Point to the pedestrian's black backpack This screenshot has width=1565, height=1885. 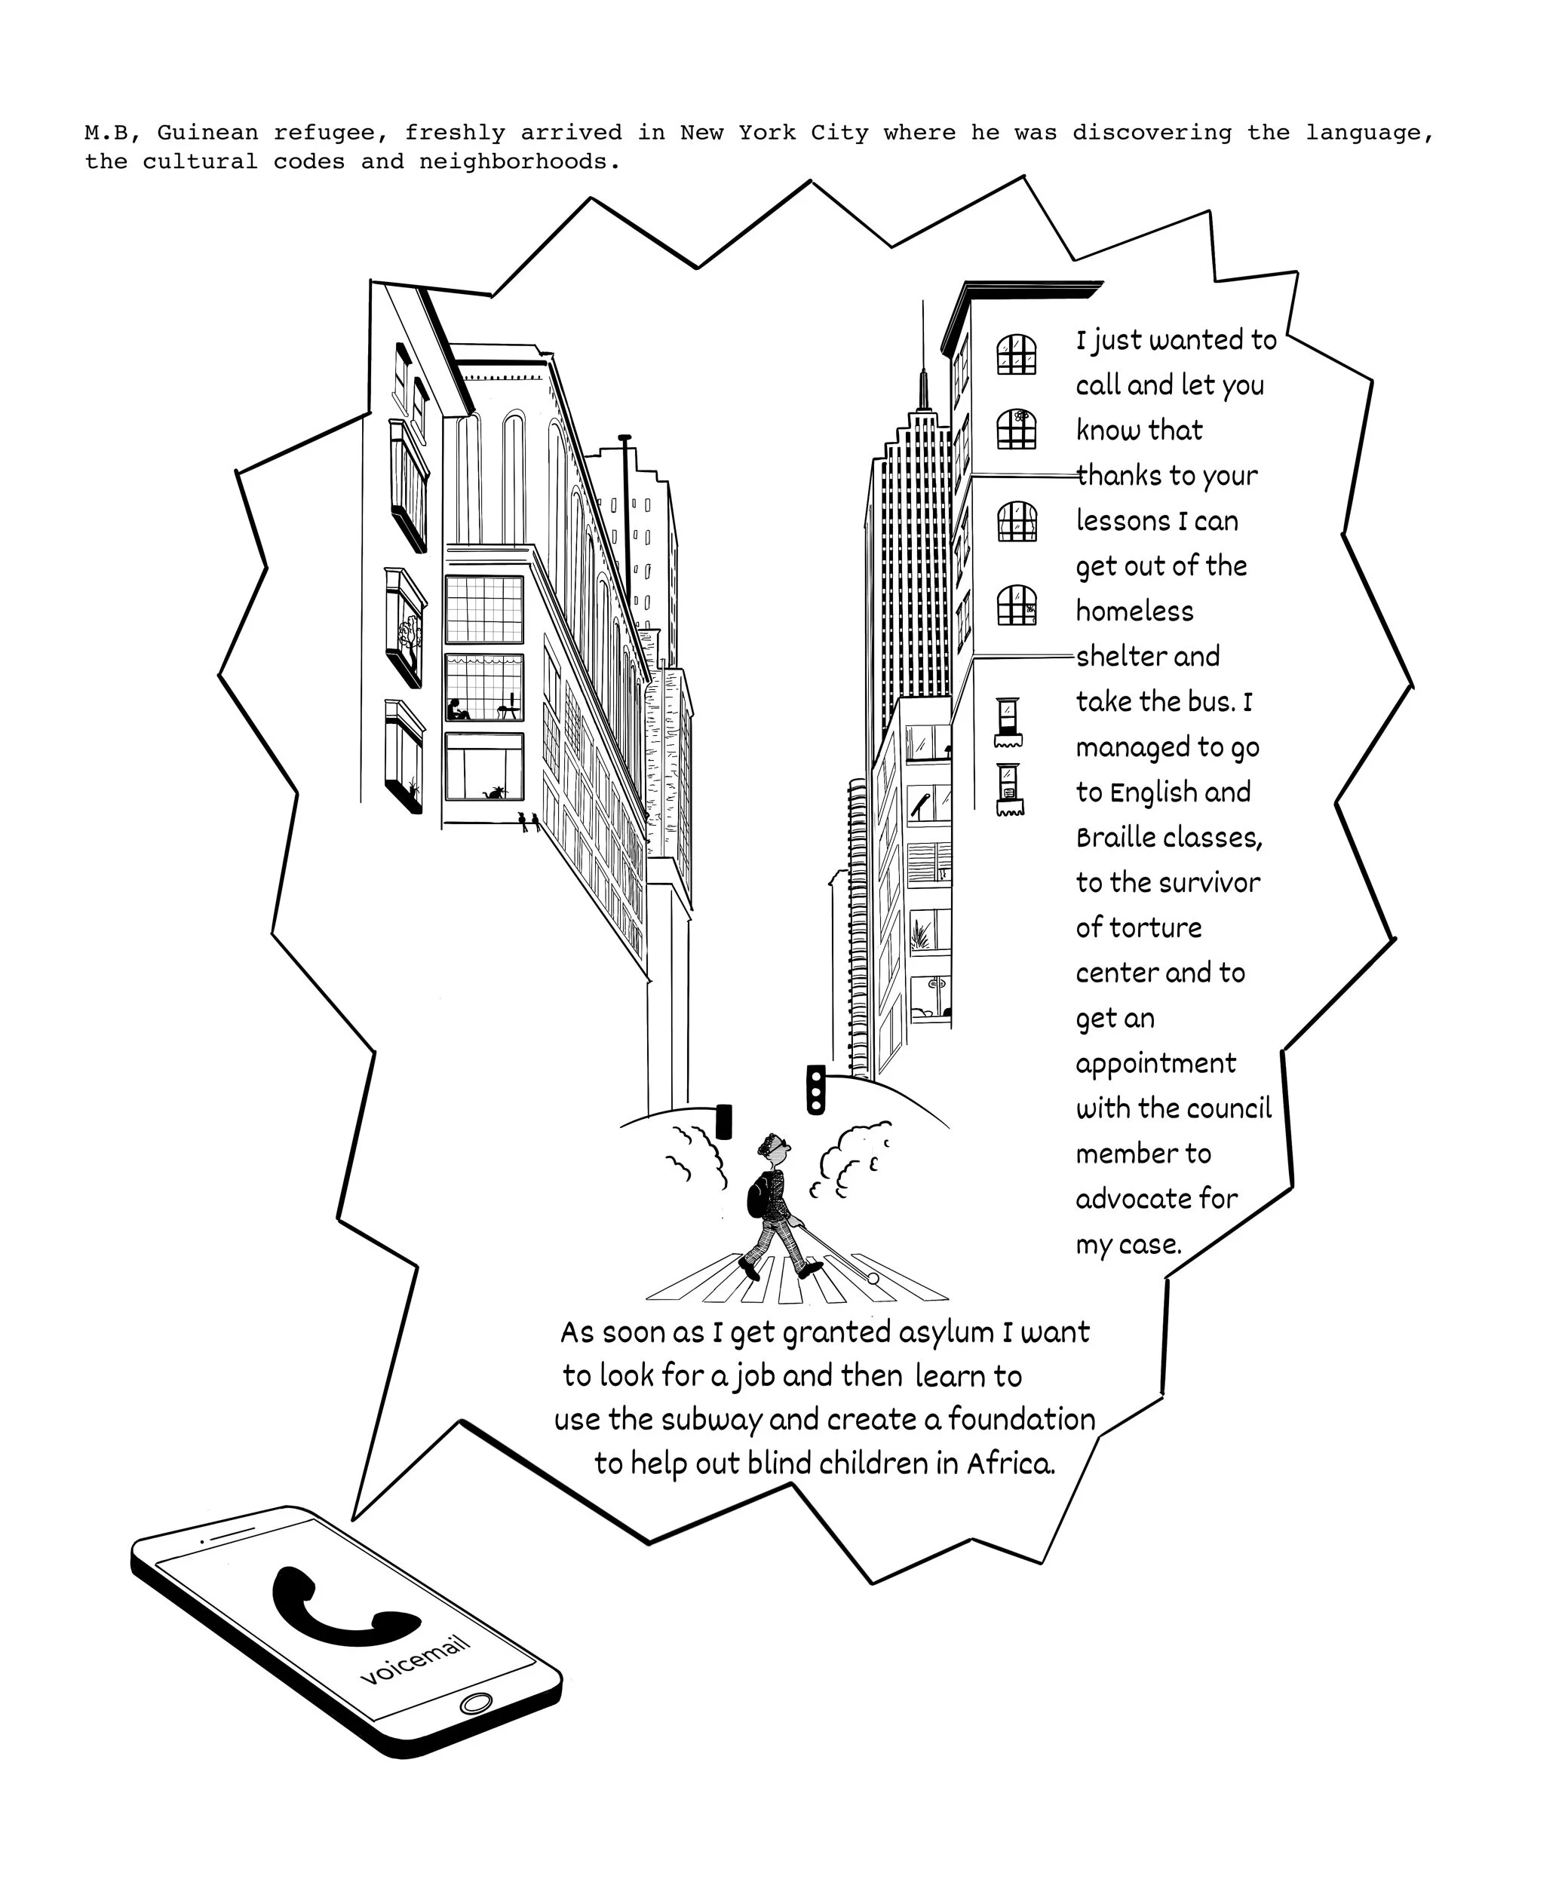(x=759, y=1198)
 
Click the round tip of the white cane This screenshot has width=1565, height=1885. (x=872, y=1277)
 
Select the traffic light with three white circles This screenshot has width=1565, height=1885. (x=815, y=1090)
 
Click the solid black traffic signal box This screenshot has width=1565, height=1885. (x=724, y=1121)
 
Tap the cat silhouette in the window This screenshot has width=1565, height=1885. (x=493, y=792)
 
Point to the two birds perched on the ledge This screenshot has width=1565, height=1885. (x=529, y=820)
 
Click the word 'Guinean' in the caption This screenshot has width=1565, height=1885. (x=207, y=133)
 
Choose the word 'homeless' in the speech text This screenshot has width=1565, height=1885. (x=1134, y=611)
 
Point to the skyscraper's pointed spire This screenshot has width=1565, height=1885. (x=922, y=359)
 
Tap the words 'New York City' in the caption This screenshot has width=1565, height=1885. (x=774, y=133)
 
